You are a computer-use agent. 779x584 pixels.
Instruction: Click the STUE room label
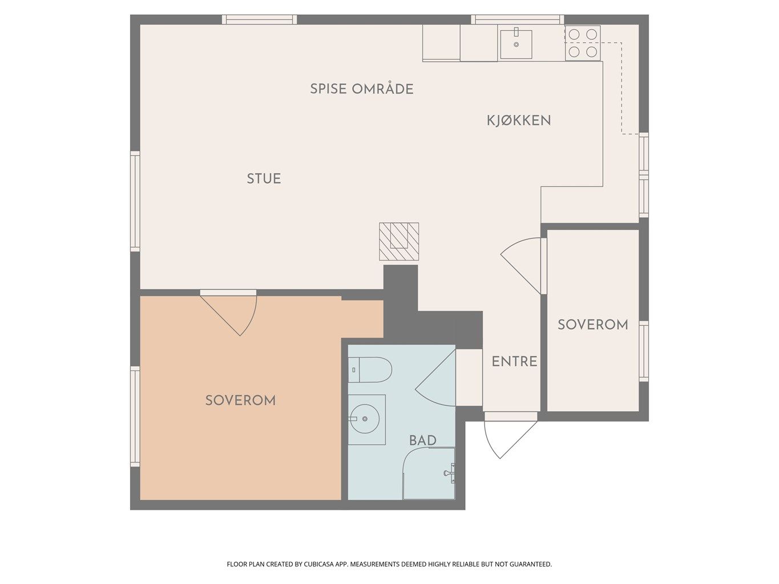264,179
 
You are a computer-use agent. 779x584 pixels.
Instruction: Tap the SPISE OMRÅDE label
361,89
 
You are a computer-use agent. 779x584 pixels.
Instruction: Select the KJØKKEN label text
518,121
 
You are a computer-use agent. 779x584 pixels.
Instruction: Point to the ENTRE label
514,362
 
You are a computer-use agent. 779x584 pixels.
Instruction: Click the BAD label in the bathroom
422,440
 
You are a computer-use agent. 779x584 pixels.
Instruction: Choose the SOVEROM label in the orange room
240,400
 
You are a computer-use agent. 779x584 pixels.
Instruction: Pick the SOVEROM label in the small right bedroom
592,325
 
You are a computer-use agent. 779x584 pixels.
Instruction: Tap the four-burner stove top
583,43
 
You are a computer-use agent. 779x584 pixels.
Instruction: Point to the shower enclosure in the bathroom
429,473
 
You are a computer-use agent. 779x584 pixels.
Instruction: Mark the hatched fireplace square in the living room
399,241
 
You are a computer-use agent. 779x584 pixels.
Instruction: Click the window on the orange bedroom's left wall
135,416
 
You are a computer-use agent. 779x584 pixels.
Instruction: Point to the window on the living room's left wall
135,201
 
